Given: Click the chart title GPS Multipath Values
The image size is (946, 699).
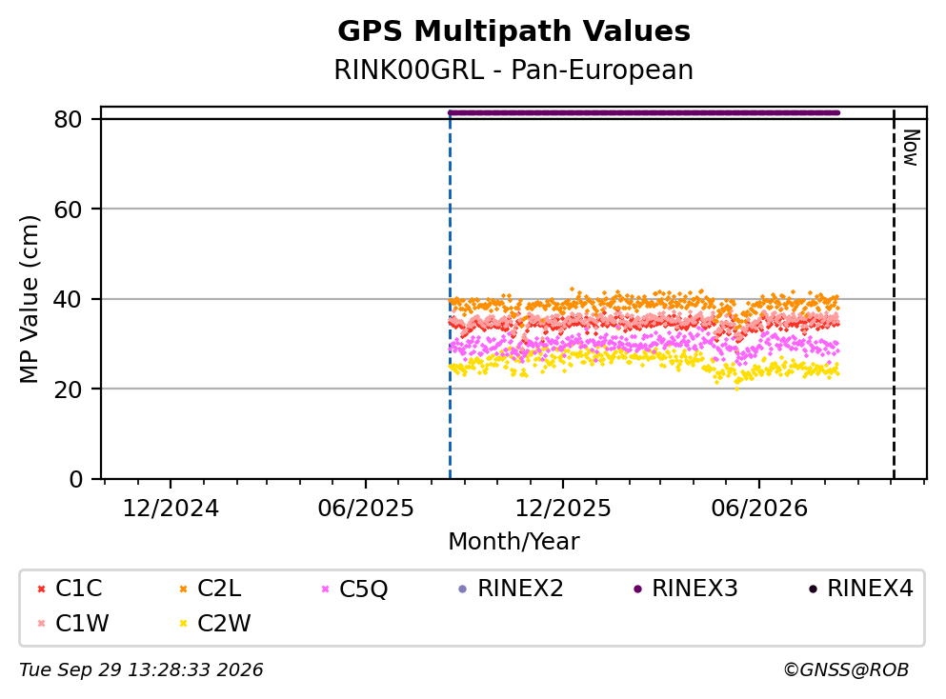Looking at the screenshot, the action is point(513,31).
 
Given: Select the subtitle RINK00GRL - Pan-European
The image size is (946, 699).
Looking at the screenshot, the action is point(513,70).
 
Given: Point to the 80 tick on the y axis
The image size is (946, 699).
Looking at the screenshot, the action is point(68,119).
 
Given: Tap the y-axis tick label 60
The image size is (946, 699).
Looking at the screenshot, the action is point(68,210).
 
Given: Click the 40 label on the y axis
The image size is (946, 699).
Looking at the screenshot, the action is point(68,299).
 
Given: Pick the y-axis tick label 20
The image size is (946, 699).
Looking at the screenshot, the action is point(68,389).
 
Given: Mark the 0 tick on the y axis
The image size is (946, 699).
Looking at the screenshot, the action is point(75,479).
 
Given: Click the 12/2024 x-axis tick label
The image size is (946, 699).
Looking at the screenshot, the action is point(171,509).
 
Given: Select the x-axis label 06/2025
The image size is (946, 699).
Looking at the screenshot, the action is point(366,509).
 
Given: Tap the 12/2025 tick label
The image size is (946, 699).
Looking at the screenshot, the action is point(563,509).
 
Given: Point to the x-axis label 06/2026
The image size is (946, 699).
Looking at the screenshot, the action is point(759,509).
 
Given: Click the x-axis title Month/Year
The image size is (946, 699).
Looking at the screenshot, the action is point(513,542).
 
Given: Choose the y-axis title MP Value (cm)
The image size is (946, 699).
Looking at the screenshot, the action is point(29,299).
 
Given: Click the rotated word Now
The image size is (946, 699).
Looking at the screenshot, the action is point(911,148).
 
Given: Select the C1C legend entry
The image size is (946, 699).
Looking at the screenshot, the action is point(70,588).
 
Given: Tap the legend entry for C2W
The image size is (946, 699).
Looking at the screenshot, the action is point(214,623).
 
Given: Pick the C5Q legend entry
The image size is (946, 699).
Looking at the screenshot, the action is point(354,588).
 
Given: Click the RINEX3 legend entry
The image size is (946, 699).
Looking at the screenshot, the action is point(686,588).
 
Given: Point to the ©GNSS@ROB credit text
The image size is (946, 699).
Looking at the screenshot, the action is point(846,669).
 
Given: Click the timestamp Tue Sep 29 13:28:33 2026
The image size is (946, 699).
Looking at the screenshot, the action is point(141,669).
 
